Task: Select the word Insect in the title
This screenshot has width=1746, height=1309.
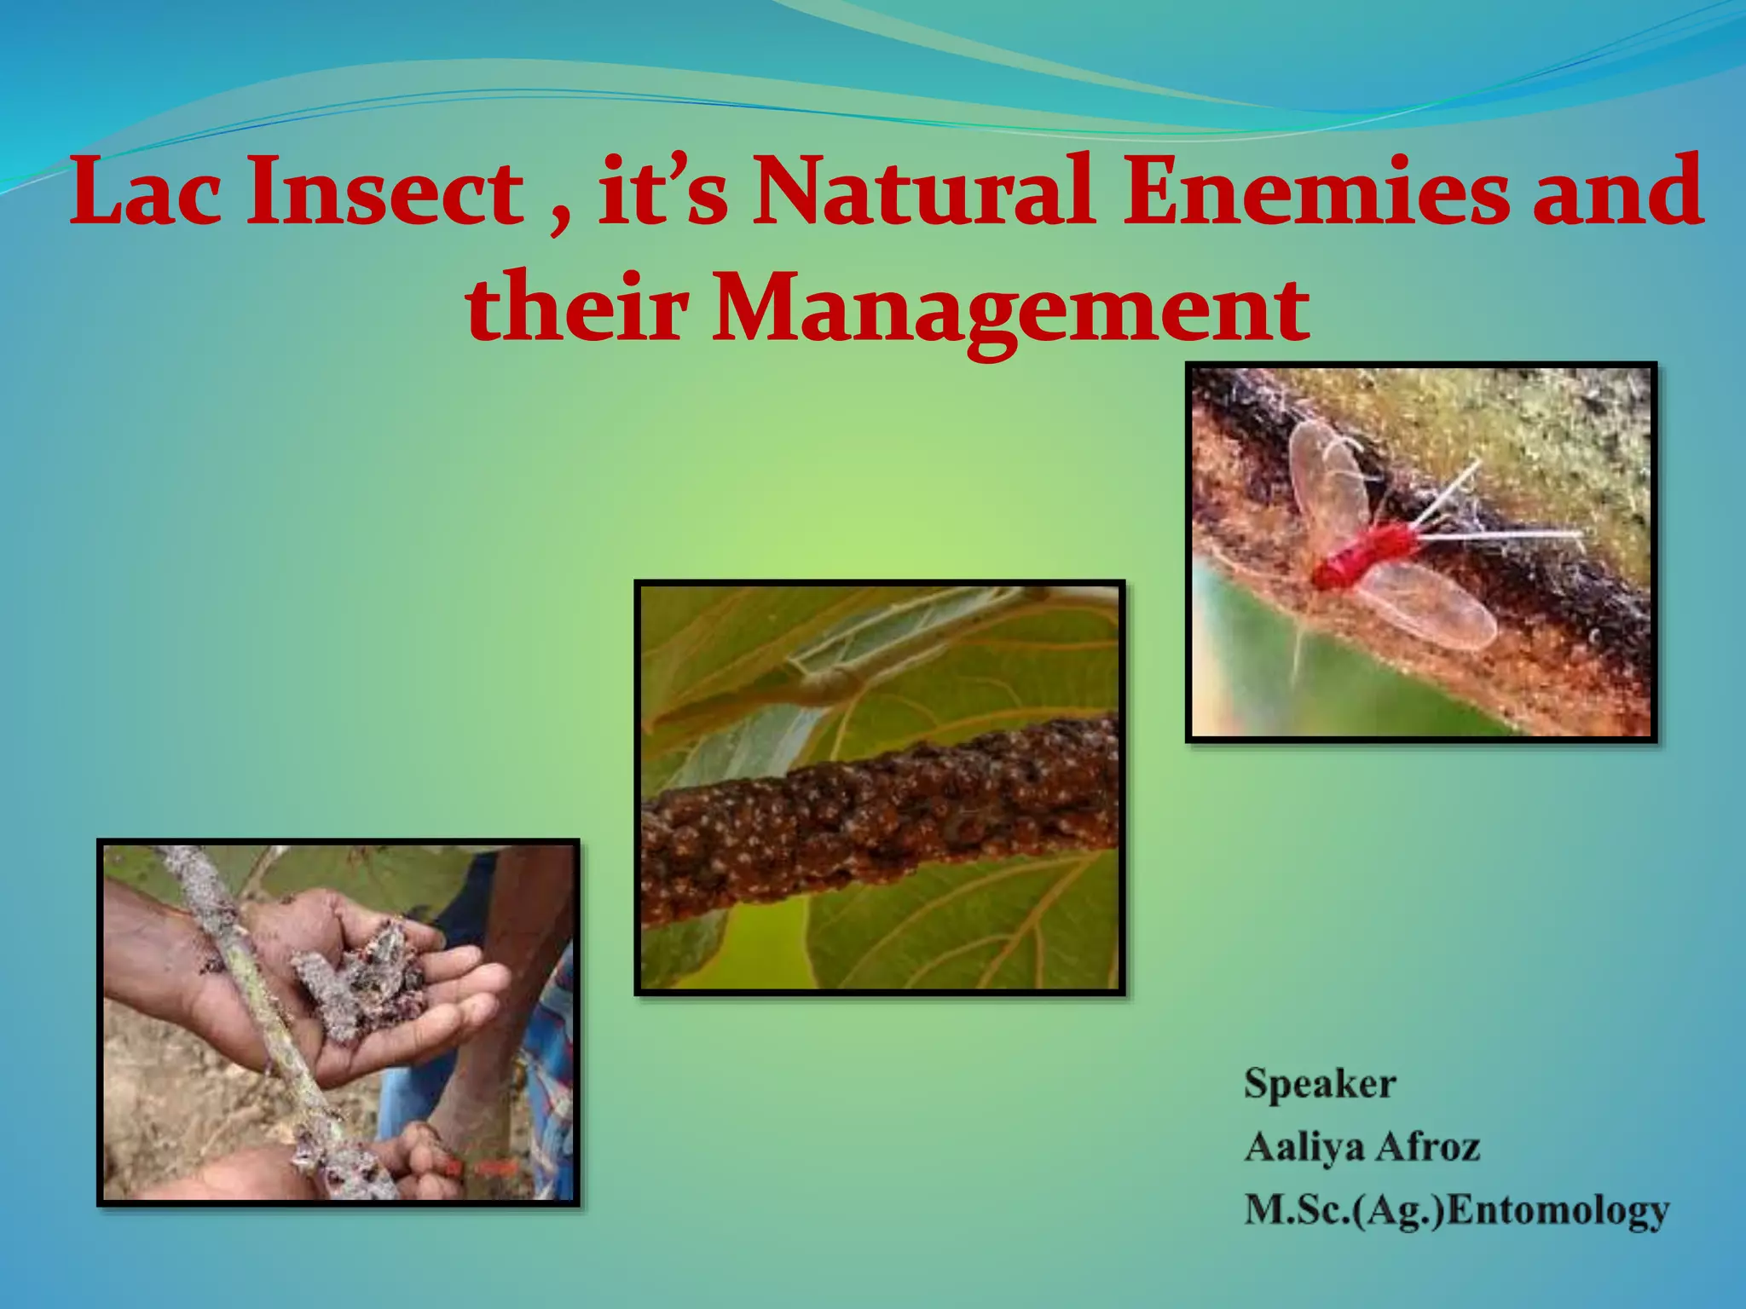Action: tap(384, 191)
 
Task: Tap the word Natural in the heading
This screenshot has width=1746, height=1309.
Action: tap(922, 191)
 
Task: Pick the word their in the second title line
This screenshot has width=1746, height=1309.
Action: tap(575, 305)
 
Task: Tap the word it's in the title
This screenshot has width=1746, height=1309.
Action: tap(662, 193)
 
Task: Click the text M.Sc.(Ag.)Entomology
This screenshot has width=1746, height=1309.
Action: tap(1456, 1209)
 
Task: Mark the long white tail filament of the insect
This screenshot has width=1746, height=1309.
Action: tap(1500, 535)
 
